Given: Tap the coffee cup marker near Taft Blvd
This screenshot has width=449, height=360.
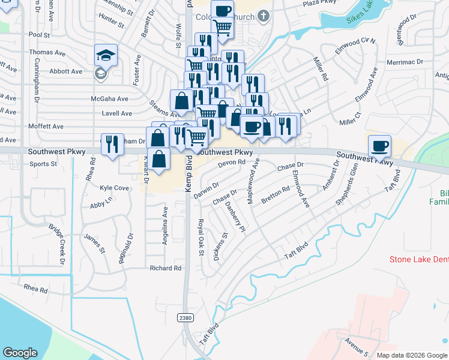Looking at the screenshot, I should (379, 146).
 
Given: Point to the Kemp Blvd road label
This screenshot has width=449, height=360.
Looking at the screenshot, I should (188, 174).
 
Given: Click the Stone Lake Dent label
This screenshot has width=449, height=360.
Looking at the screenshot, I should (418, 260).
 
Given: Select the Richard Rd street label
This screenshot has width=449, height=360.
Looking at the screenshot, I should (166, 268).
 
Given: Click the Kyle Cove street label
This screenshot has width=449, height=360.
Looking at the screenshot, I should (115, 188).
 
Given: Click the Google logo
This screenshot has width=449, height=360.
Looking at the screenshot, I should (20, 353).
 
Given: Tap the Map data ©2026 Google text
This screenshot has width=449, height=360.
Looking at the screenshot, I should (412, 355).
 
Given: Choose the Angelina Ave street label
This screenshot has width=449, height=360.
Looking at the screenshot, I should (165, 226).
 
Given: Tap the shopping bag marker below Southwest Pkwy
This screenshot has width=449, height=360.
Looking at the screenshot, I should (158, 160).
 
